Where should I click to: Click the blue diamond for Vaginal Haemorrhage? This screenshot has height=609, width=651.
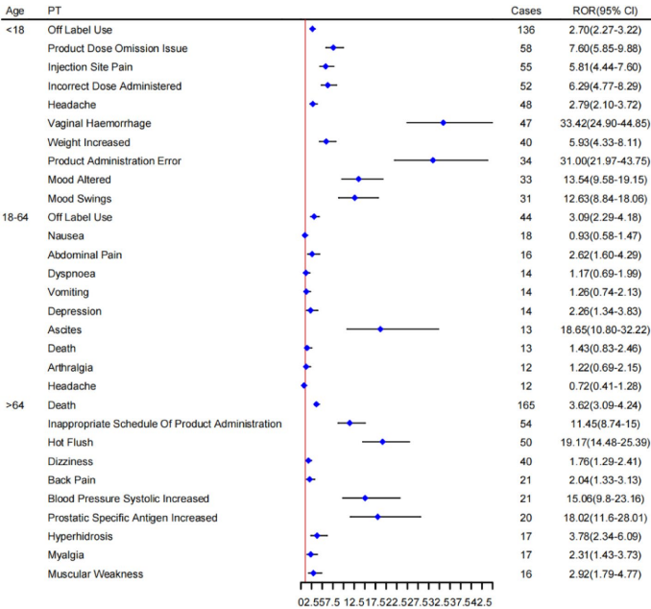coord(444,123)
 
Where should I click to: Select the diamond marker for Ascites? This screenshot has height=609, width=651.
coord(381,329)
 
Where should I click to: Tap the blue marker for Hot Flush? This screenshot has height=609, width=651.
coord(383,442)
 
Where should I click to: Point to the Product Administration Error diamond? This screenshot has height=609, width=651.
coord(434,160)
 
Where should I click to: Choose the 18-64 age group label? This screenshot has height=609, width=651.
coord(19,217)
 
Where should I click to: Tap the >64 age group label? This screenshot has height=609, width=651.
coord(14,404)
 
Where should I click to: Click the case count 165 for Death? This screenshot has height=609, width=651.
coord(524,404)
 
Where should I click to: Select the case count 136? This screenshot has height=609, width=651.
coord(524,30)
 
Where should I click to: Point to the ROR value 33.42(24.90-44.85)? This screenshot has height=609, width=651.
coord(598,123)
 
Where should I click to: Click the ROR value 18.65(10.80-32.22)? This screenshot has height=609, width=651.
coord(598,329)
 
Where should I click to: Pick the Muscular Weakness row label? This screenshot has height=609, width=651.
coord(95,573)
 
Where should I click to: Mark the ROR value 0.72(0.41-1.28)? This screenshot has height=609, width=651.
coord(598,386)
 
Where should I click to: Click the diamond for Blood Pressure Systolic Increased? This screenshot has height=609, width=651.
coord(365,499)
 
